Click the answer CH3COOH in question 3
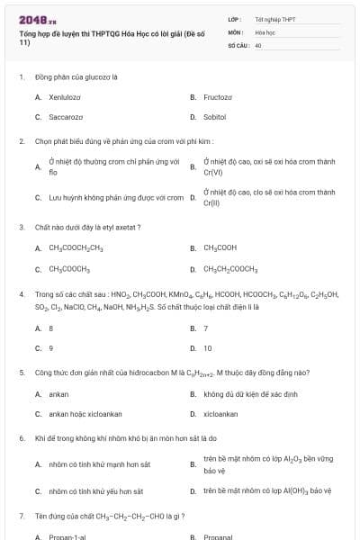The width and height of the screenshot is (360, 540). [x=220, y=247]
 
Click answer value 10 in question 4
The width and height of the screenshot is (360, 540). [x=208, y=347]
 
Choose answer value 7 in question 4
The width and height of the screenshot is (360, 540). [x=206, y=328]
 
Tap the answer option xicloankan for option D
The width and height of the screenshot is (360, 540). [x=220, y=414]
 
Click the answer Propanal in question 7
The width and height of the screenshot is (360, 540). [x=220, y=536]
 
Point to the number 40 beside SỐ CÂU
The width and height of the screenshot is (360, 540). [x=258, y=44]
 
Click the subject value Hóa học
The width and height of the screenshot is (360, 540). [x=265, y=31]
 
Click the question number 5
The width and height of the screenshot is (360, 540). [x=21, y=372]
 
